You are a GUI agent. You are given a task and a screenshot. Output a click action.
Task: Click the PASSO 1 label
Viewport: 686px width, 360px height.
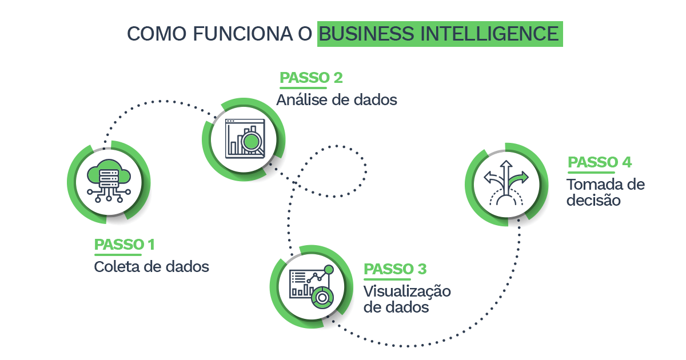point(124,245)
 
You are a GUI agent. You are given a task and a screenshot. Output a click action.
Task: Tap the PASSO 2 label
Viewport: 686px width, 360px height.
point(311,78)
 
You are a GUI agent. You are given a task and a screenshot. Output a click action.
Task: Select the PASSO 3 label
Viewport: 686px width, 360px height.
point(395,269)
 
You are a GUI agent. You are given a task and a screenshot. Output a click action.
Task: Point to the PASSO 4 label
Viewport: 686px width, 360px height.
point(600,162)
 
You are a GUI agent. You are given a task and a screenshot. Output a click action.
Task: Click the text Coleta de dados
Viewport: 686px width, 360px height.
point(151,266)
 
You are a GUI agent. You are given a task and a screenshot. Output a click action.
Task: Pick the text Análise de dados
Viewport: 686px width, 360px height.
point(337,100)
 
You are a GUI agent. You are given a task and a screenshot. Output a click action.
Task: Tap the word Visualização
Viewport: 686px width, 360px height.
point(407,291)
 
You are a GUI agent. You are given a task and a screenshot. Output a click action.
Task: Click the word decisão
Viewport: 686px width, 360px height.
point(593,201)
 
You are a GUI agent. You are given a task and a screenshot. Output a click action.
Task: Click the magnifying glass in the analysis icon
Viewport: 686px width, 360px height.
point(252,142)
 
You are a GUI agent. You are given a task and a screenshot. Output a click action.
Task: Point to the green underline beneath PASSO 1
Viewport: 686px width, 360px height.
point(118,254)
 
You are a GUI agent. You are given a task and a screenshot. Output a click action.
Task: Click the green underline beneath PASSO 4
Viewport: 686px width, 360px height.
point(591,171)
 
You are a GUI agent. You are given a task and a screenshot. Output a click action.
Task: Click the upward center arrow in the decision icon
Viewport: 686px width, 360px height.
point(505,175)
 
